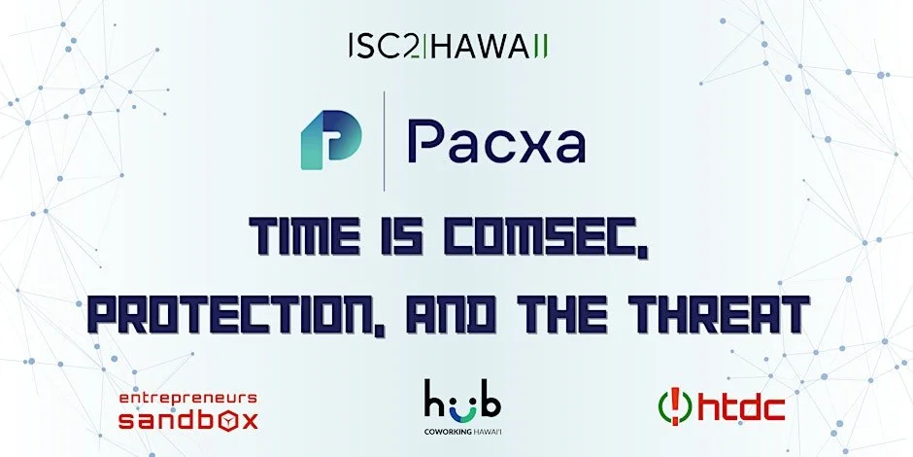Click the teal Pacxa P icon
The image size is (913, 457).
[x=330, y=140]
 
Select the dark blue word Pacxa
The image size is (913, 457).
[x=495, y=142]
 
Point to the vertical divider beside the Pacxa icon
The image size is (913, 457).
[x=385, y=141]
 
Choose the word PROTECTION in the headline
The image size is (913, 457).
[x=221, y=313]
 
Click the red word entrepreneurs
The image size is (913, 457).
[x=187, y=399]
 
